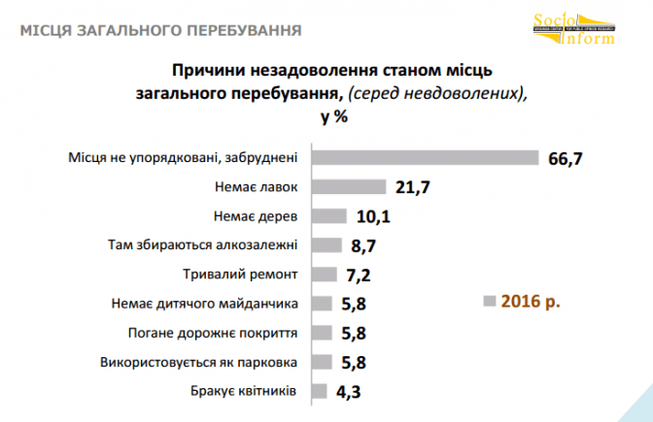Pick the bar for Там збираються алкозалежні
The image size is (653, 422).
pos(327,245)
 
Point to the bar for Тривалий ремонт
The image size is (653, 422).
pos(325,275)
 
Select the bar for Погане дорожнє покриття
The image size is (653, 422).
pos(323,333)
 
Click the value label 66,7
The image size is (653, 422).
pos(564,158)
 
